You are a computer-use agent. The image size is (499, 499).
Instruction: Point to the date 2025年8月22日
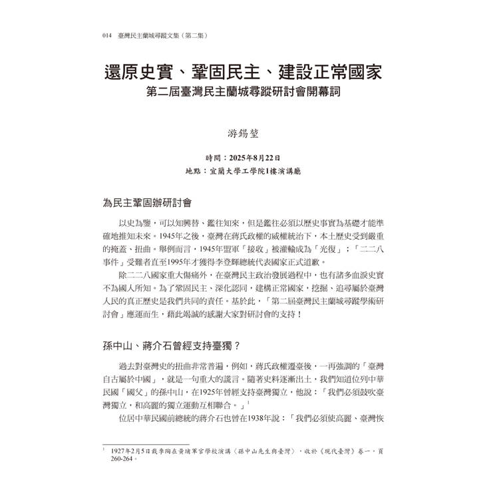coord(255,158)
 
